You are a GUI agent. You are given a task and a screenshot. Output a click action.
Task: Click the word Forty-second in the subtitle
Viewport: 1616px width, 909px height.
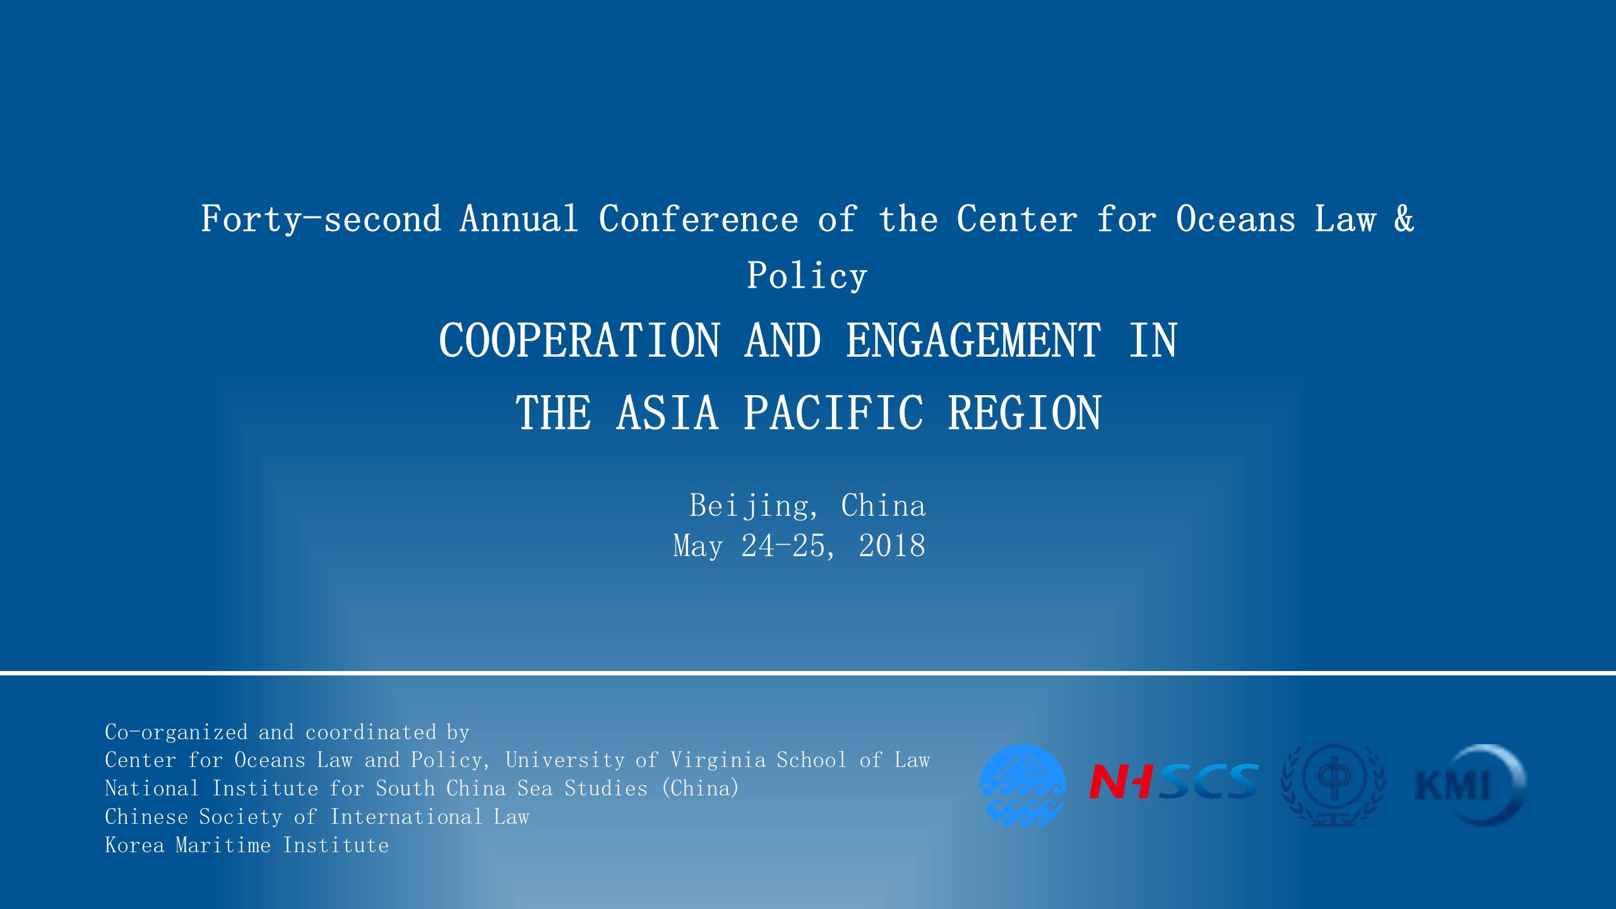tap(321, 219)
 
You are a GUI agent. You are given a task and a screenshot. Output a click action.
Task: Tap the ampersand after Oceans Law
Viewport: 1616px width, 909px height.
tap(1403, 218)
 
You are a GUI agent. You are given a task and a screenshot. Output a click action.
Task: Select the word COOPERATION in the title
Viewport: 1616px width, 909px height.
tap(579, 340)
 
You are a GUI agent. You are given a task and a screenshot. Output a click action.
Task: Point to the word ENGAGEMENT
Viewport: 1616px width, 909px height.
tap(973, 340)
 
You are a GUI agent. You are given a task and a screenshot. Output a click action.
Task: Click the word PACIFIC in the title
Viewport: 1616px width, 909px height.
tap(833, 413)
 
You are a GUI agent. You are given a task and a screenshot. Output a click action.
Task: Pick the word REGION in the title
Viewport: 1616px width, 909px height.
tap(1025, 413)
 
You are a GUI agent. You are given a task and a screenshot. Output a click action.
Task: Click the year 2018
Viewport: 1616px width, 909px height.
tap(892, 546)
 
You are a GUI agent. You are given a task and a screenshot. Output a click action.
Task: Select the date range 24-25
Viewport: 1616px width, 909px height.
tap(783, 546)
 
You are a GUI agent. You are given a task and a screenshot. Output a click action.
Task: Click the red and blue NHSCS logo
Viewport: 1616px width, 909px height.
tap(1173, 781)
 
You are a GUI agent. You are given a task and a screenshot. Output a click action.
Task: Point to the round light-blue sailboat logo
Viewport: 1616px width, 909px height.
tap(1023, 785)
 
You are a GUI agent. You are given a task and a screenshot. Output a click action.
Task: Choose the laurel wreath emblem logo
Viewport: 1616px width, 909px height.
tap(1333, 785)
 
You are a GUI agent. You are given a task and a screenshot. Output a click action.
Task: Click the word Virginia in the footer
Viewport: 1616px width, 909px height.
tap(718, 760)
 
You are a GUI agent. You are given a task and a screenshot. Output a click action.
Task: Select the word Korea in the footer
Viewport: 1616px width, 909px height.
tap(134, 845)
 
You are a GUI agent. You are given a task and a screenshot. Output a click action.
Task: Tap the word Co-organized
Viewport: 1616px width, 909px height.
tap(176, 733)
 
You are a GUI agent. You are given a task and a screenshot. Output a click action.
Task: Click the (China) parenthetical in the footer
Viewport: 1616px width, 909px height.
tap(700, 788)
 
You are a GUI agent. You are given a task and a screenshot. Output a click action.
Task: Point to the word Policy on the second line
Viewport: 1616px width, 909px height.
tap(807, 276)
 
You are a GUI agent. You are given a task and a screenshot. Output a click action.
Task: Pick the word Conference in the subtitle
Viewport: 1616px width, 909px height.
tap(698, 219)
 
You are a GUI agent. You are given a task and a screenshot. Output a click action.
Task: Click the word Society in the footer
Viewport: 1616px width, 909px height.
tap(241, 817)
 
